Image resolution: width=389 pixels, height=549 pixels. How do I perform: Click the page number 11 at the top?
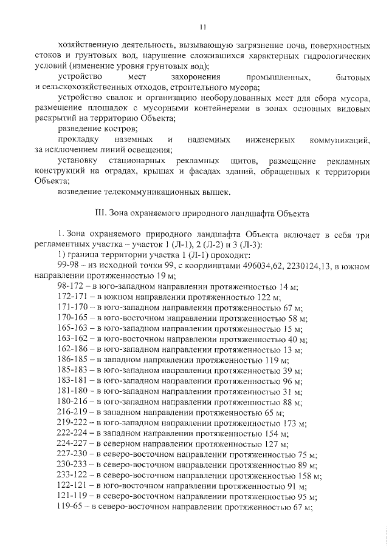click(x=203, y=26)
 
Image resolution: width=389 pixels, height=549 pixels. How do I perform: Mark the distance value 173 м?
click(x=294, y=423)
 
